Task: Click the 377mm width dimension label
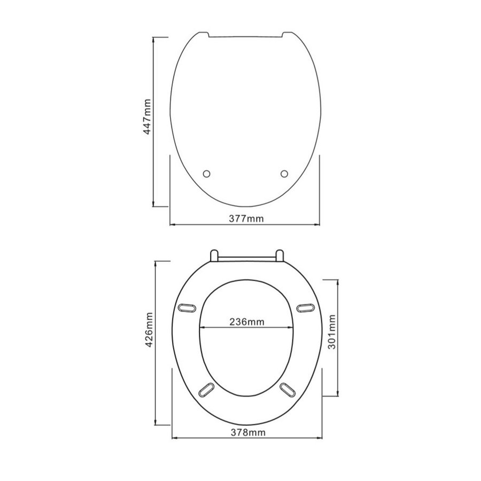coord(246,219)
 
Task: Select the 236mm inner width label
coord(246,322)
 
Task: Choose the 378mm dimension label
coord(247,432)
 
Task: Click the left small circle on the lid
coord(207,173)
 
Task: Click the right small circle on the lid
coord(284,173)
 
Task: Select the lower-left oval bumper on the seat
coord(206,389)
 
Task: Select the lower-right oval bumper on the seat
coord(286,389)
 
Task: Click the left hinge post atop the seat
coord(214,255)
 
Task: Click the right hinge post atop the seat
coord(279,255)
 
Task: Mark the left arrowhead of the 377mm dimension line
coord(173,224)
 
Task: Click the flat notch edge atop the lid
coord(246,37)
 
